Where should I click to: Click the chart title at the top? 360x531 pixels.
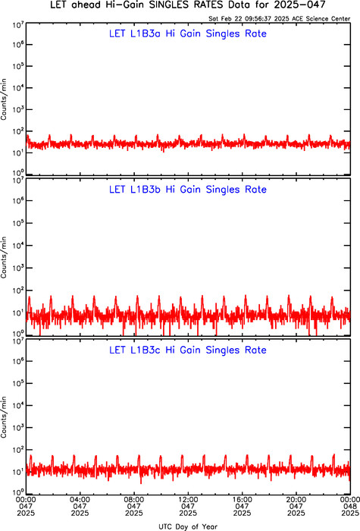coord(188,5)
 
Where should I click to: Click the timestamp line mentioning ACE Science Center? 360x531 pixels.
coord(280,19)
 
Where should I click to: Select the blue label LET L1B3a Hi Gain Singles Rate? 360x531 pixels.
coord(188,33)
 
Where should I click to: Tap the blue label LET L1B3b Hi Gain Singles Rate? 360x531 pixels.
coord(188,190)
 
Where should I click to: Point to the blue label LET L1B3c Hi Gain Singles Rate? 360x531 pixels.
coord(188,350)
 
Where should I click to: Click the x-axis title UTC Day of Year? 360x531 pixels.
coord(188,526)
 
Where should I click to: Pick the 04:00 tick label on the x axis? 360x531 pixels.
coord(80,499)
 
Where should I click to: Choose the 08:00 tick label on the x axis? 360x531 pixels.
coord(134,499)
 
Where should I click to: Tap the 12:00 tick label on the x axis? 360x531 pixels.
coord(188,499)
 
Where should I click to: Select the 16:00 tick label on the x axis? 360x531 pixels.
coord(243,499)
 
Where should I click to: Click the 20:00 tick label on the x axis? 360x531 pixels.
coord(296,499)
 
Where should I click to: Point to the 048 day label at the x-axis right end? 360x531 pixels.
coord(350,506)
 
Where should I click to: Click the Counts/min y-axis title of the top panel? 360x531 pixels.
coord(4,99)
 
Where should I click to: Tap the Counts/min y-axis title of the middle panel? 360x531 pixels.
coord(4,257)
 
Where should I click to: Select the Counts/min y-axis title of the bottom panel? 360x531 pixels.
coord(4,417)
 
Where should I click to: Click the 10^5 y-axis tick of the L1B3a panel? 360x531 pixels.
coord(18,65)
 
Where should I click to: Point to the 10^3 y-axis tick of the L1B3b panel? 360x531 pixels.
coord(18,267)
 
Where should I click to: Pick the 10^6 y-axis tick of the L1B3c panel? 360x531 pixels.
coord(18,360)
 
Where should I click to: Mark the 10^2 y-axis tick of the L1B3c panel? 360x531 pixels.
coord(18,449)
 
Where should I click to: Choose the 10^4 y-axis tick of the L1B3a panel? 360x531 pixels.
coord(18,87)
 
